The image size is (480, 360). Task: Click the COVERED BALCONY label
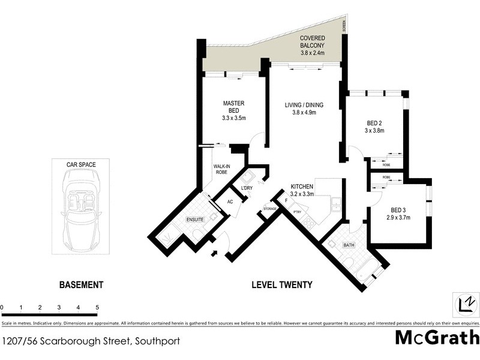click(312, 41)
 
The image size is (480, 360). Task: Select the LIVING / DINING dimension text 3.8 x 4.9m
click(304, 113)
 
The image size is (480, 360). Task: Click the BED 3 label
click(398, 209)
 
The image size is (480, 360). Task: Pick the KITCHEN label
click(303, 187)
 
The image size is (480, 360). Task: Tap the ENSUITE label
click(195, 220)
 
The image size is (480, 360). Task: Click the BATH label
click(349, 245)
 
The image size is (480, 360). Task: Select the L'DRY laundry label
click(246, 189)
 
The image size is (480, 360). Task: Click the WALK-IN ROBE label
click(221, 170)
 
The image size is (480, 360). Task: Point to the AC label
click(229, 202)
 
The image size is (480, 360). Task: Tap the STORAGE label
click(270, 209)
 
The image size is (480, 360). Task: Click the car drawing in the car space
click(81, 213)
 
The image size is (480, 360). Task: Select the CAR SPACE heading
click(81, 164)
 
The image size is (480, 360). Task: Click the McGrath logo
click(437, 337)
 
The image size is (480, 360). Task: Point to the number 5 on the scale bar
click(97, 307)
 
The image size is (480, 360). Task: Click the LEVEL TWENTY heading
click(281, 285)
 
